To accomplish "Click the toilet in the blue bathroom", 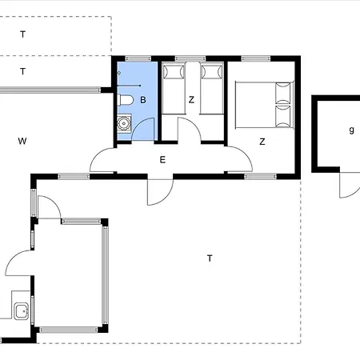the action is (x=125, y=100).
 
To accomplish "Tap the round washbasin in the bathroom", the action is (x=124, y=123).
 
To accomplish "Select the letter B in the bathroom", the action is (x=143, y=100).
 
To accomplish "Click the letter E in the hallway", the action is (x=162, y=160).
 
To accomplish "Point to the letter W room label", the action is (x=22, y=141).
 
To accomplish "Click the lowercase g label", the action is (x=352, y=130).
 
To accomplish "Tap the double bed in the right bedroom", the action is (x=264, y=105).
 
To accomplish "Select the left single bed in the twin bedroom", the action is (x=174, y=88).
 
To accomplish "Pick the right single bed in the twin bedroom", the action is (x=212, y=88).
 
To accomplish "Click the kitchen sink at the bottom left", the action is (x=22, y=310).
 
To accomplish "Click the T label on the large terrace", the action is (x=210, y=258).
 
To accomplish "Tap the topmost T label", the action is (x=23, y=34).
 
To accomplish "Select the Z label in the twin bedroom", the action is (x=191, y=100).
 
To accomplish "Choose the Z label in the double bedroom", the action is (x=262, y=142).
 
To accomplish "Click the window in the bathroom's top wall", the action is (x=138, y=58).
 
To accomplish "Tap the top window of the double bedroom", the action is (x=256, y=58).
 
